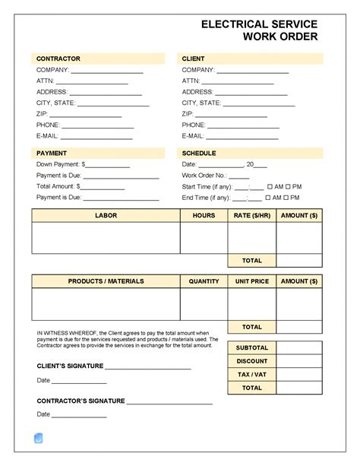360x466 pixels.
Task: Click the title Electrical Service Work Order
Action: pyautogui.click(x=259, y=30)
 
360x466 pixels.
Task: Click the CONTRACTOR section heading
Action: pyautogui.click(x=58, y=59)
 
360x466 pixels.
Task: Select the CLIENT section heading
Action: pyautogui.click(x=194, y=59)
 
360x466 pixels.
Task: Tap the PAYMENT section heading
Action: pyautogui.click(x=52, y=153)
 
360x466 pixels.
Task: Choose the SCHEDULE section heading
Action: pyautogui.click(x=199, y=153)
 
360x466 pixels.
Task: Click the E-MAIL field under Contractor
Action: pyautogui.click(x=96, y=136)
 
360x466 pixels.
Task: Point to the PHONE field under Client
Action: pyautogui.click(x=244, y=125)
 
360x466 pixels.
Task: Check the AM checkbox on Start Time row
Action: pyautogui.click(x=268, y=186)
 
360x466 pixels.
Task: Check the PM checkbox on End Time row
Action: pyautogui.click(x=289, y=198)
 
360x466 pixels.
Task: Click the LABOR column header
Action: pyautogui.click(x=106, y=216)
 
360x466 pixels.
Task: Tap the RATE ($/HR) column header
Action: pyautogui.click(x=251, y=216)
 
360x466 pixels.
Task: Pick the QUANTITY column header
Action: pyautogui.click(x=204, y=281)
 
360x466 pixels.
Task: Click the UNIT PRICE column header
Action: pyautogui.click(x=251, y=281)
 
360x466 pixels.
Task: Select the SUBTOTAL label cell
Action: pyautogui.click(x=251, y=347)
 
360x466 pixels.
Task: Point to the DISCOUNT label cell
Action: pyautogui.click(x=251, y=361)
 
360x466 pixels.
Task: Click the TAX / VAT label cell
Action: pyautogui.click(x=251, y=374)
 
